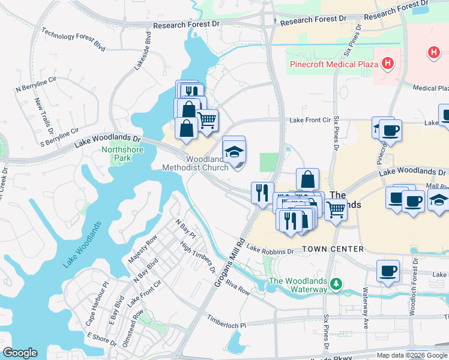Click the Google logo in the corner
point(20,353)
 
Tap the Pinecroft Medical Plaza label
point(333,64)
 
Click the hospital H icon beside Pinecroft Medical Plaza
point(388,62)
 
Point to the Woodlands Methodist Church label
point(196,163)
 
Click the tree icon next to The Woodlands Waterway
point(337,283)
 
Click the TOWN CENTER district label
point(333,248)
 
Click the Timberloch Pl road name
point(226,321)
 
